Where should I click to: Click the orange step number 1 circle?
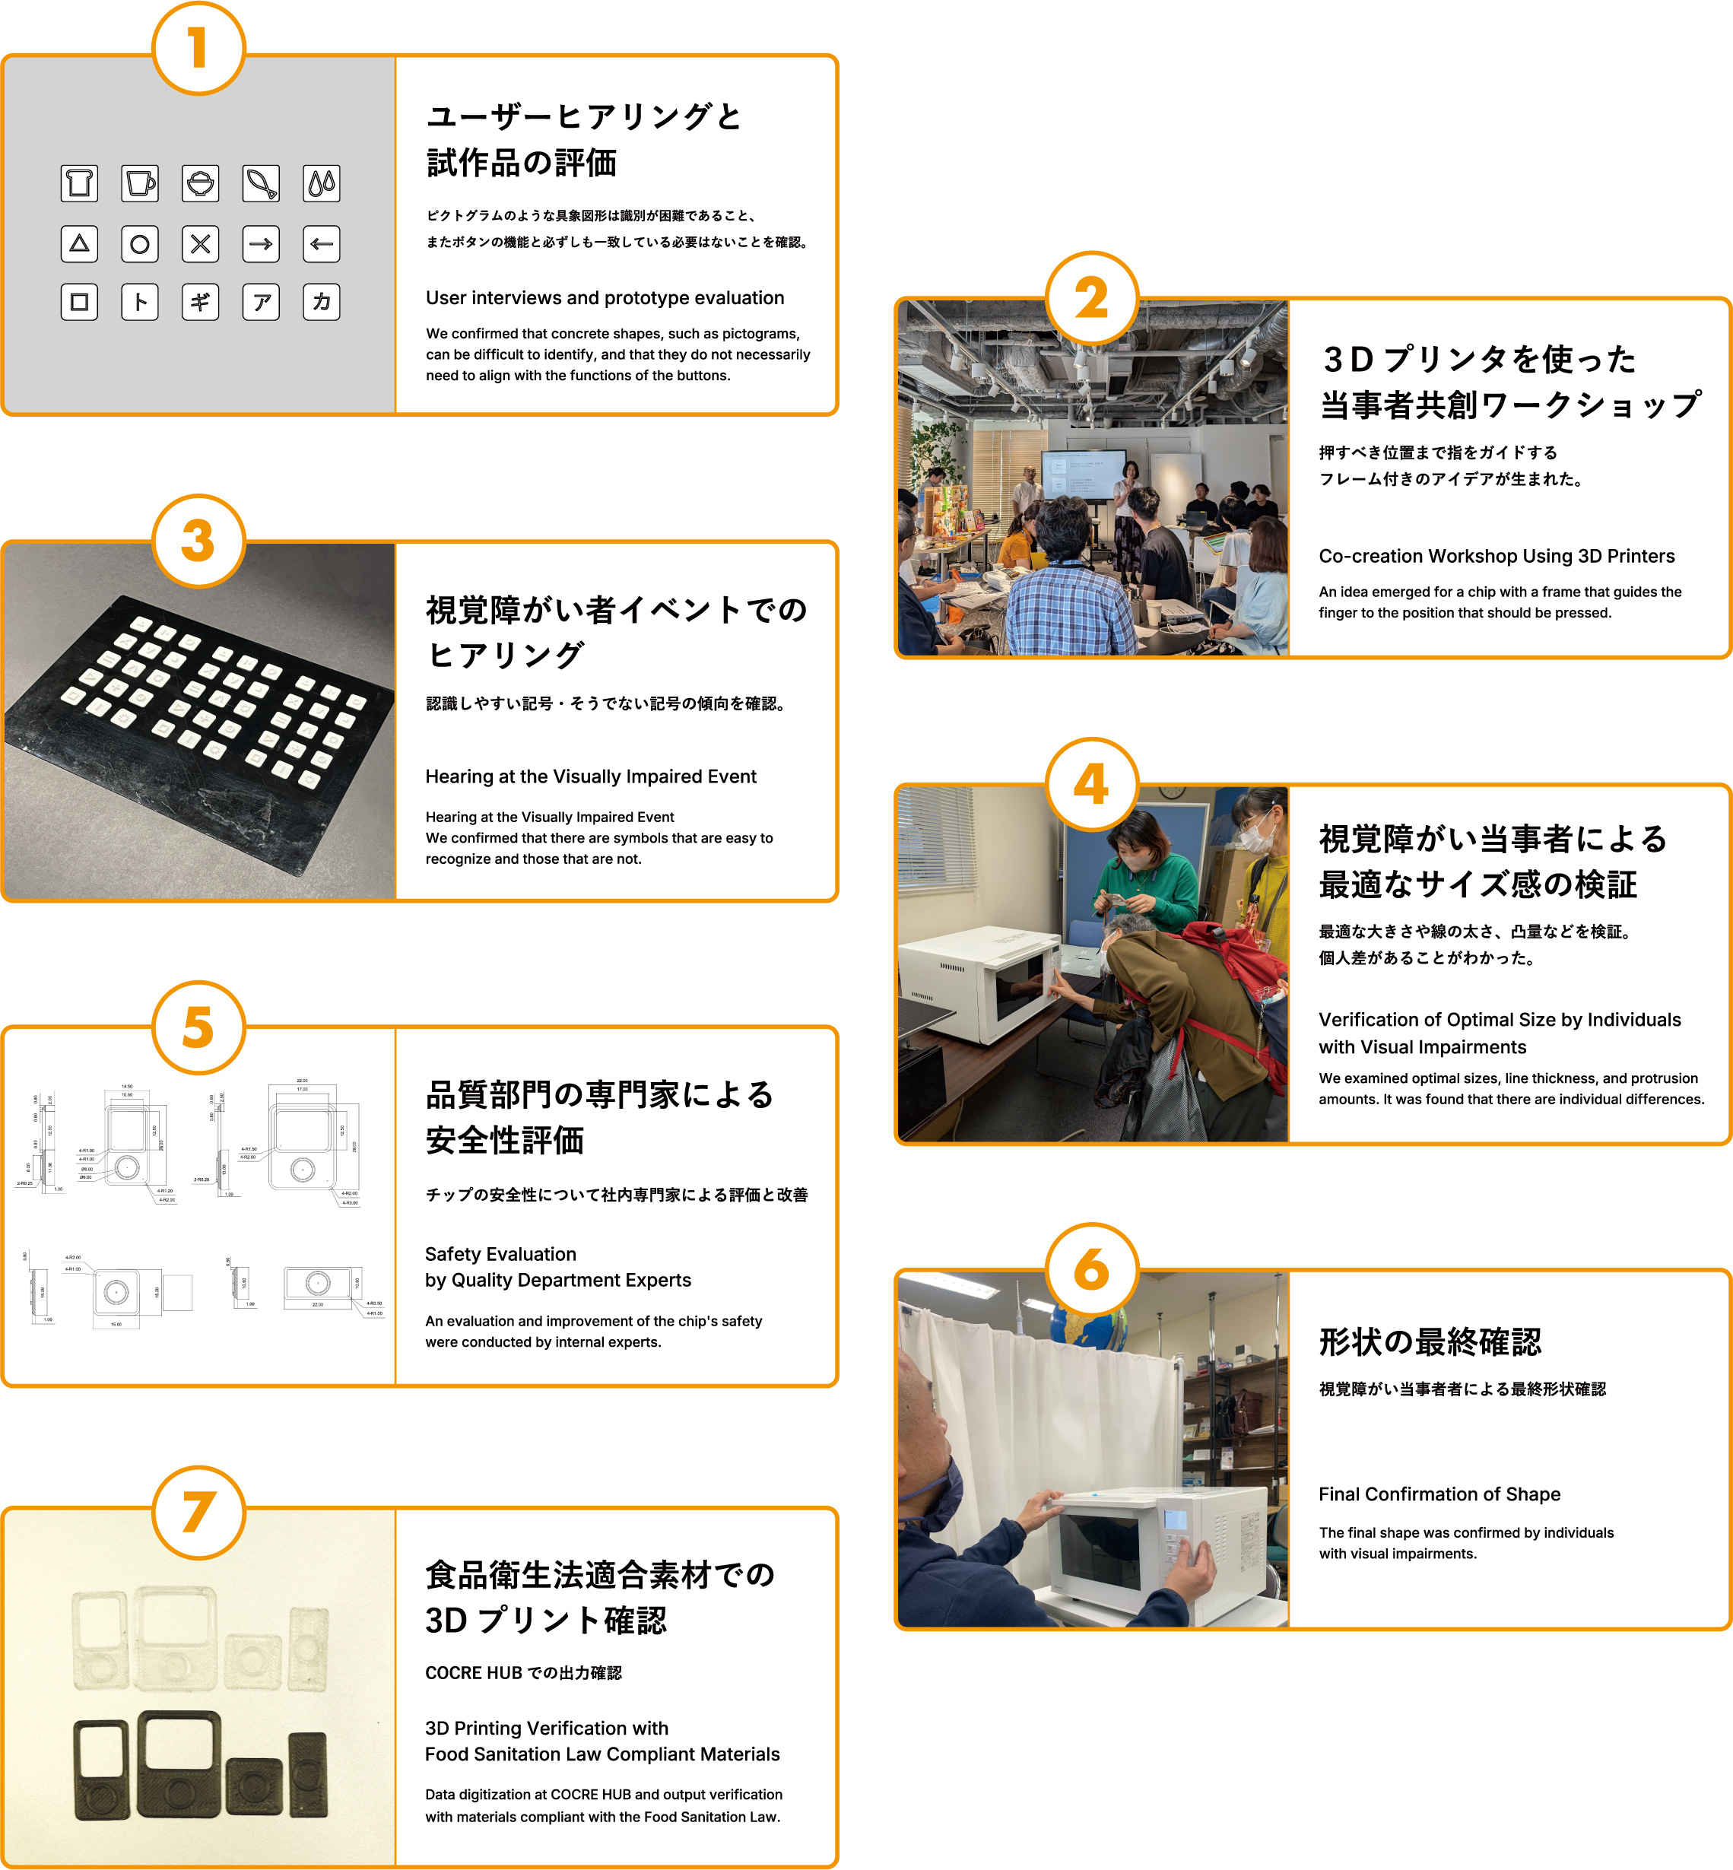tap(198, 49)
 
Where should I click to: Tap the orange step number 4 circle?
tap(1091, 784)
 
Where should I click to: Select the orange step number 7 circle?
tap(198, 1513)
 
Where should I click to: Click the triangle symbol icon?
tap(80, 244)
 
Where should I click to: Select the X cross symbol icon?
tap(201, 244)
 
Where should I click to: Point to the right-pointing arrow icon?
tap(261, 244)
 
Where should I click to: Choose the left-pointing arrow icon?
tap(322, 244)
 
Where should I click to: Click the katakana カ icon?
tap(322, 302)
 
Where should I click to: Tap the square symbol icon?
tap(80, 302)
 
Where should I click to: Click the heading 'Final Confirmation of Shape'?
tap(1439, 1494)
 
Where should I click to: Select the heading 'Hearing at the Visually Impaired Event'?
tap(591, 776)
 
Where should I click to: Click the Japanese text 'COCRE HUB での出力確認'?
tap(523, 1673)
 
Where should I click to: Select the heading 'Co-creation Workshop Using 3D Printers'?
tap(1496, 556)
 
